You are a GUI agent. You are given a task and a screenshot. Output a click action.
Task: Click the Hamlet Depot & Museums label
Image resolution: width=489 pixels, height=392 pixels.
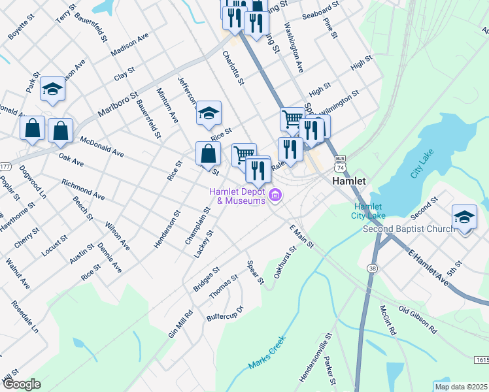pyautogui.click(x=237, y=196)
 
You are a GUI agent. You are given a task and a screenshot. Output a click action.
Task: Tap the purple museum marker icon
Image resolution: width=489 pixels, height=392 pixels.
pyautogui.click(x=275, y=195)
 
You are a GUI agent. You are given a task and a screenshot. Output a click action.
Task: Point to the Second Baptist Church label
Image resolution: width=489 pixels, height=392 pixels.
pyautogui.click(x=409, y=229)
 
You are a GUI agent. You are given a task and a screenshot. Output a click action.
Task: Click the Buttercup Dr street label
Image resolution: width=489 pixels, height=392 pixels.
pyautogui.click(x=225, y=313)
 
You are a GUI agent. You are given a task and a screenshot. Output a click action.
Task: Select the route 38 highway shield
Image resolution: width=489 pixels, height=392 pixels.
pyautogui.click(x=373, y=268)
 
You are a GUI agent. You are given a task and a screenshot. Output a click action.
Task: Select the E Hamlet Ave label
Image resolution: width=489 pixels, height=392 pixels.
pyautogui.click(x=429, y=267)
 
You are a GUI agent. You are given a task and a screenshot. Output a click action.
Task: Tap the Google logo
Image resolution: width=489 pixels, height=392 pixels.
pyautogui.click(x=22, y=384)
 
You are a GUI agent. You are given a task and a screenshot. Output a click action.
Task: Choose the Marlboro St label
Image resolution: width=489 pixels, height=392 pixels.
pyautogui.click(x=118, y=105)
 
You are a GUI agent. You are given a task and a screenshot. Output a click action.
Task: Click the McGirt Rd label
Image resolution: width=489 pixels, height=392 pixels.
pyautogui.click(x=388, y=321)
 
